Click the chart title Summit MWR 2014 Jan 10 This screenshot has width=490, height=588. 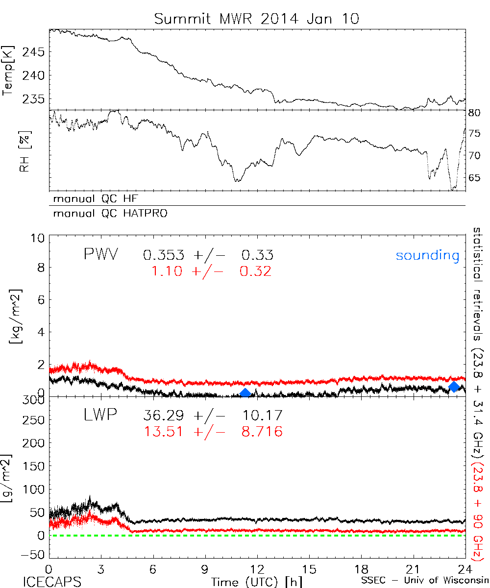pyautogui.click(x=257, y=19)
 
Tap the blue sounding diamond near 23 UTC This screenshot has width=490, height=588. pyautogui.click(x=454, y=387)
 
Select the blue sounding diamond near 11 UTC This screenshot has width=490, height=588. pyautogui.click(x=245, y=392)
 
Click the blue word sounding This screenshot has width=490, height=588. pyautogui.click(x=428, y=255)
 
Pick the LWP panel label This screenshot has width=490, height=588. pyautogui.click(x=100, y=416)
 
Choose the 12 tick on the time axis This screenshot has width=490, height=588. pyautogui.click(x=257, y=569)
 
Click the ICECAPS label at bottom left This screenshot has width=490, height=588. pyautogui.click(x=52, y=582)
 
